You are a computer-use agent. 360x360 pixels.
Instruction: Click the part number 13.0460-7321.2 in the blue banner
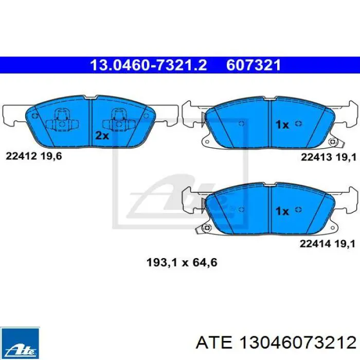point(149,65)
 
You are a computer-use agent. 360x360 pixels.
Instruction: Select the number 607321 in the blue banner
point(254,65)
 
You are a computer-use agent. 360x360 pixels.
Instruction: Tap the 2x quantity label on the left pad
point(102,136)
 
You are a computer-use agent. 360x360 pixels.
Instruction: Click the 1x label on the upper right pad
point(282,125)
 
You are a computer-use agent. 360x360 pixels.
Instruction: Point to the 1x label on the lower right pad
point(282,211)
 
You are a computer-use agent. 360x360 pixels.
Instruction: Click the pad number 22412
point(21,156)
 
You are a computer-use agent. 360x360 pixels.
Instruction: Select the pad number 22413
point(316,157)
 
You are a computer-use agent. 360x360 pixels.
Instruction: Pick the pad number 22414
point(315,244)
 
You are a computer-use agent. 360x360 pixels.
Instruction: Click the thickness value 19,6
point(51,156)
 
